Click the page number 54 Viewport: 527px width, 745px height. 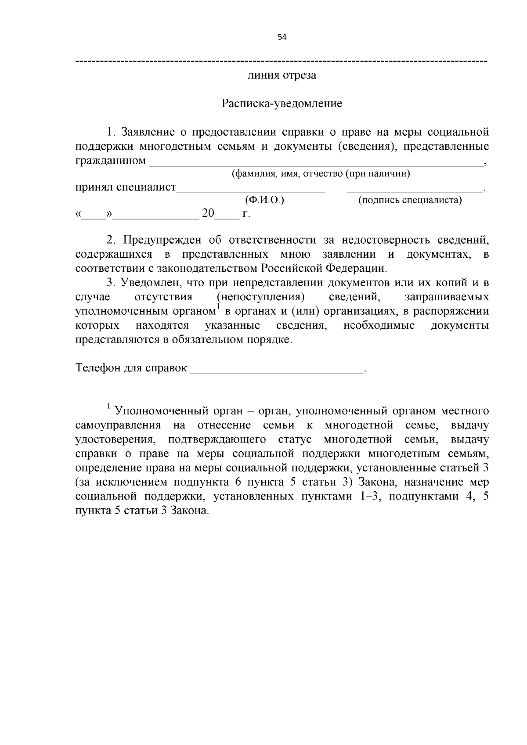click(x=282, y=37)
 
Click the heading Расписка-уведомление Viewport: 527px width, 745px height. click(x=282, y=104)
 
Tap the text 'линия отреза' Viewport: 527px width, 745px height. click(x=282, y=75)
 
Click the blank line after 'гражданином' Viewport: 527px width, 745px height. click(x=316, y=164)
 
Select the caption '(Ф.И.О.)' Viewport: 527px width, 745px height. click(x=265, y=200)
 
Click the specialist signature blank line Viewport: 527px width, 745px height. click(x=414, y=191)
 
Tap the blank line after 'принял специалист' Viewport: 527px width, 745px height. click(x=251, y=191)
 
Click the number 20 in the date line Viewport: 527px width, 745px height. click(x=208, y=214)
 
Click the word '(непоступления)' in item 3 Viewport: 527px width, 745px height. click(x=261, y=297)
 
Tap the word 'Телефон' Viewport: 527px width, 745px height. click(x=97, y=368)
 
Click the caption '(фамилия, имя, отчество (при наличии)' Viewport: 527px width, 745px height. click(x=321, y=174)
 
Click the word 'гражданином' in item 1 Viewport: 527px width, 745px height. click(x=111, y=161)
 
